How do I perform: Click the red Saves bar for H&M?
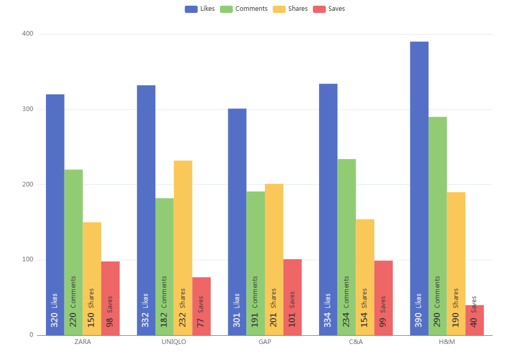pos(474,320)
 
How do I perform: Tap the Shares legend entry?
pos(291,9)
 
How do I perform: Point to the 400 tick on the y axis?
pos(27,34)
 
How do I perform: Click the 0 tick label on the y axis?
pos(31,335)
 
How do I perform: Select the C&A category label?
pos(355,342)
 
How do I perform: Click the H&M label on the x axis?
pos(446,342)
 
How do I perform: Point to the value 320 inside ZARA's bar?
pos(55,319)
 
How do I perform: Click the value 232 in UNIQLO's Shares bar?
pos(183,319)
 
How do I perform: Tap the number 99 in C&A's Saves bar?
pos(383,322)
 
